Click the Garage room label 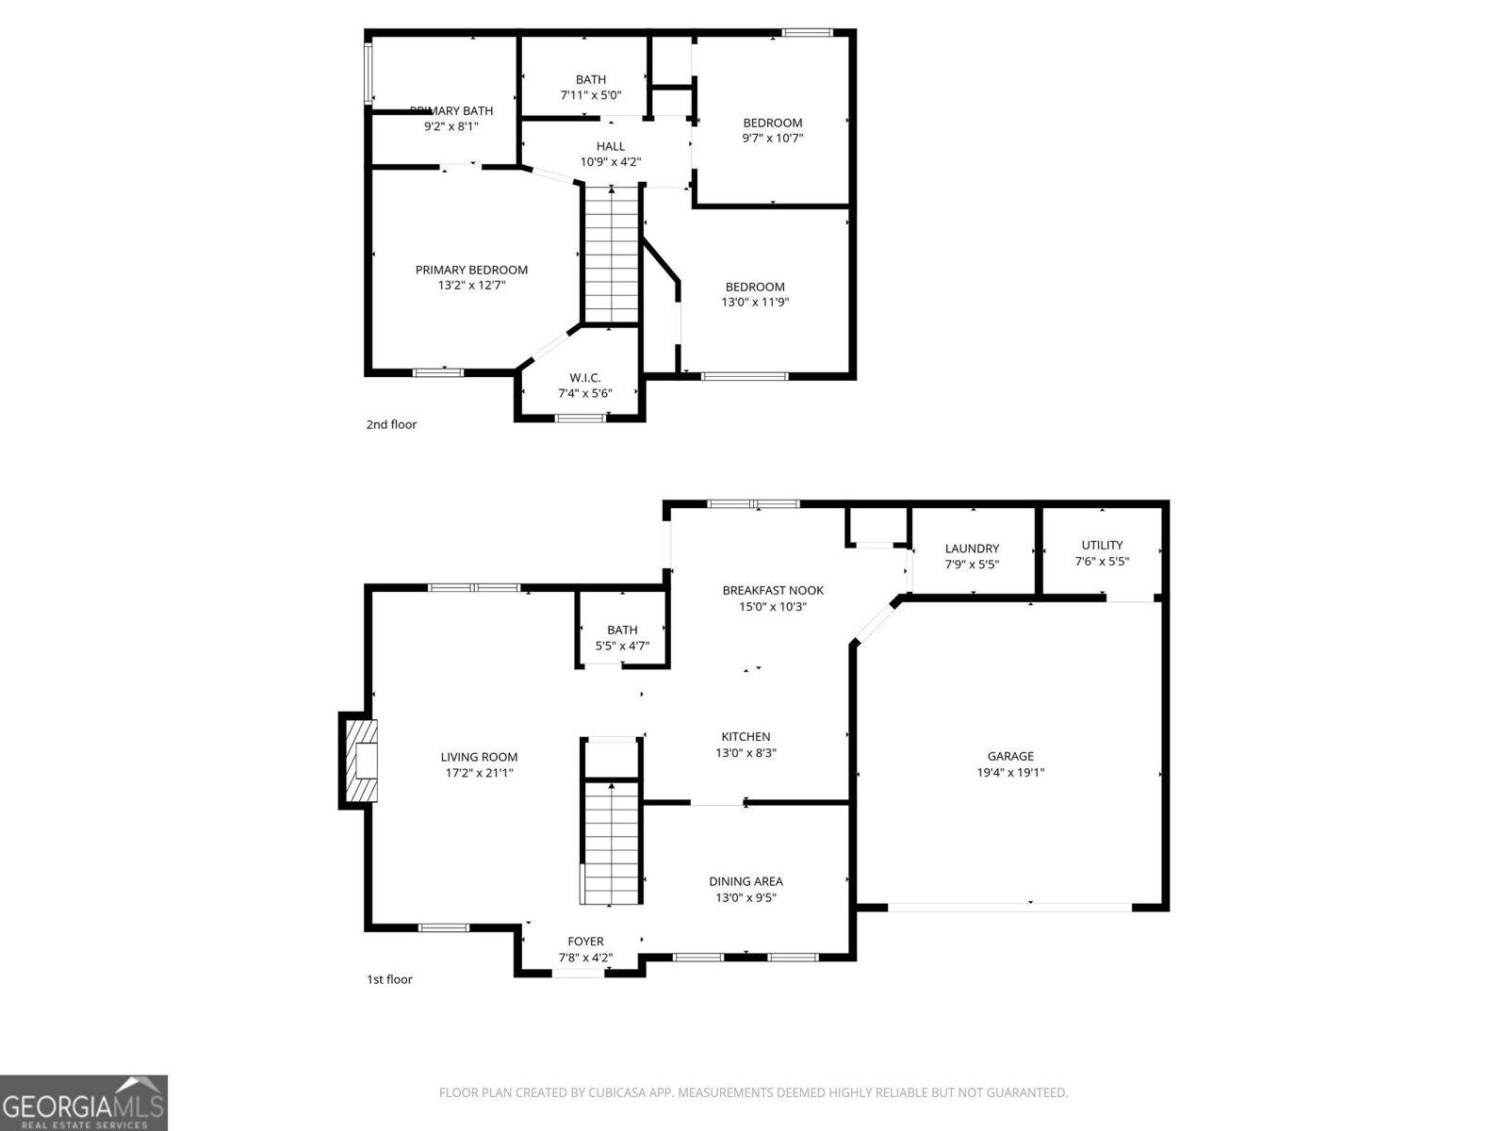(x=1010, y=756)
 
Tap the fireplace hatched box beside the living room (x=361, y=762)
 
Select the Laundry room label (x=972, y=549)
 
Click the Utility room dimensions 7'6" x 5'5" (x=1102, y=561)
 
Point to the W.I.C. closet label (x=584, y=378)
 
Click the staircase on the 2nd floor (x=612, y=254)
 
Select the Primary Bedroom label (x=471, y=270)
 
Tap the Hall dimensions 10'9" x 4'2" (x=610, y=161)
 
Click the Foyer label (x=585, y=942)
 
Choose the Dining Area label (x=746, y=881)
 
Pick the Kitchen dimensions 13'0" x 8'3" (x=746, y=752)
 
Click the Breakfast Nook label (x=773, y=590)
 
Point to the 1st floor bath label (x=622, y=630)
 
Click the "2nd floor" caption (x=391, y=424)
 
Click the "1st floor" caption (x=389, y=979)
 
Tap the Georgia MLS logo (x=84, y=1103)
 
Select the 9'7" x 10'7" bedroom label (x=772, y=123)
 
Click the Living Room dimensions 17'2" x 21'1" (x=479, y=772)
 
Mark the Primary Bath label (x=451, y=111)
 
